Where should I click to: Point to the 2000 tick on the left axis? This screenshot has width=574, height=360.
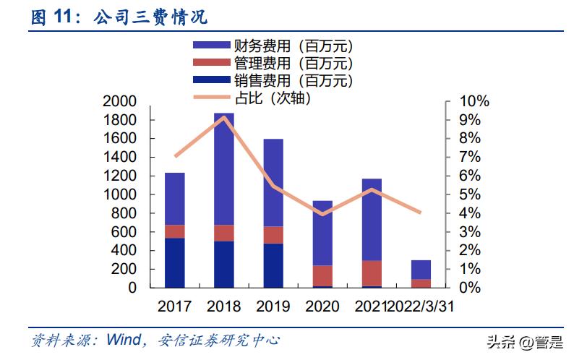[x=121, y=101]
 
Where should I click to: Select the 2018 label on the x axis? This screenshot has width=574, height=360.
[x=223, y=307]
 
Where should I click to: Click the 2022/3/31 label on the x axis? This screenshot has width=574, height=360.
[x=420, y=307]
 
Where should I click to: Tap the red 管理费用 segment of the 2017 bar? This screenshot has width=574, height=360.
[x=174, y=231]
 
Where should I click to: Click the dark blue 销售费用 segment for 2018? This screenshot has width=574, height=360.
[x=223, y=264]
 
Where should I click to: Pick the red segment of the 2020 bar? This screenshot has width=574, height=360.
[x=322, y=275]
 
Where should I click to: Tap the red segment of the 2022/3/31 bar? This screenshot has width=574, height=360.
[x=421, y=283]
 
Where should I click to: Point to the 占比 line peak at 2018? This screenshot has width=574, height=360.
[x=224, y=116]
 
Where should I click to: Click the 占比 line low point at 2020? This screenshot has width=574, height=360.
[x=323, y=214]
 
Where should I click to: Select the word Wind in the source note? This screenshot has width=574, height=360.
[x=124, y=339]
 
